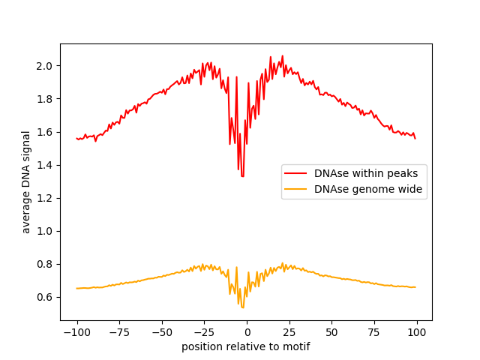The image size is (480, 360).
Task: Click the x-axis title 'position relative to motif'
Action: coord(246,346)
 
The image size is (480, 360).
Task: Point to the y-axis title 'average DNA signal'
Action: coord(26,181)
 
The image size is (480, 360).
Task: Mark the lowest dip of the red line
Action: coord(242,175)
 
